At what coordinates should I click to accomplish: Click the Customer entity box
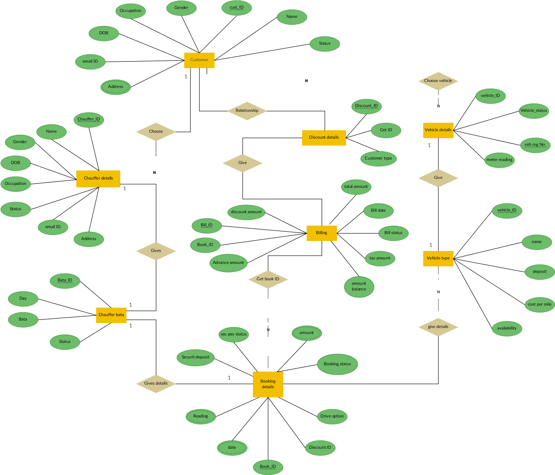coord(199,60)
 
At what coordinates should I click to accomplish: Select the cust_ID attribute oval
coord(237,8)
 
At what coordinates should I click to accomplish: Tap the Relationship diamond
coord(247,111)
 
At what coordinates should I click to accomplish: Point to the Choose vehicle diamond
coord(438,81)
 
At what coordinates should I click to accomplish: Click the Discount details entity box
coord(324,137)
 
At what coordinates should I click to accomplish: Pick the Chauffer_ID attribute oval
coord(89,120)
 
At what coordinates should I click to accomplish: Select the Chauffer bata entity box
coord(111,315)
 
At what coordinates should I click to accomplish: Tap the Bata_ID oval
coord(65,281)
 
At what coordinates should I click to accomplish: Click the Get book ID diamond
coord(268,279)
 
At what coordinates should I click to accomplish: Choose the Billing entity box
coord(322,233)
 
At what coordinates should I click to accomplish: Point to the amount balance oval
coord(359,287)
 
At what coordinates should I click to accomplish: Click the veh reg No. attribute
coord(535,145)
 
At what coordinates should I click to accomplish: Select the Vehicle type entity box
coord(438,258)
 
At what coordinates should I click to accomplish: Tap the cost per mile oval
coord(540,304)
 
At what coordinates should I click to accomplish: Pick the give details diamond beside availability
coord(438,327)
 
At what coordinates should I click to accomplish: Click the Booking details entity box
coord(268,384)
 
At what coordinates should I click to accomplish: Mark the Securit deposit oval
coord(196,357)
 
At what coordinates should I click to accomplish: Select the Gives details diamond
coord(156,383)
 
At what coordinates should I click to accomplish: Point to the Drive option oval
coord(332,416)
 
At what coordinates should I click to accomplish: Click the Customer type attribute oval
coord(378,158)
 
